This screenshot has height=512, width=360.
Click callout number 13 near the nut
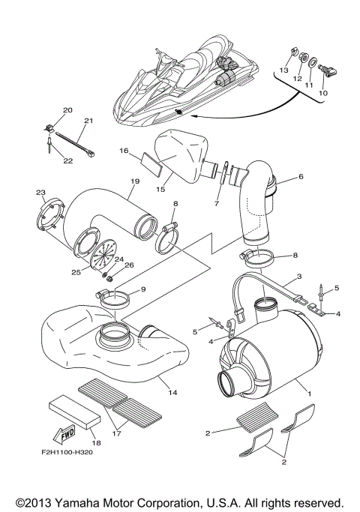click(284, 70)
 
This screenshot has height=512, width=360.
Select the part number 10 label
click(325, 93)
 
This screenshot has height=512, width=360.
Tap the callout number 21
click(88, 121)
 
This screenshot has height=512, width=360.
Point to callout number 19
click(135, 181)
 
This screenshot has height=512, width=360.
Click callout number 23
click(40, 193)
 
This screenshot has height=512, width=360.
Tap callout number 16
click(124, 151)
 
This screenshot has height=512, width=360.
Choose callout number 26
click(129, 264)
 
